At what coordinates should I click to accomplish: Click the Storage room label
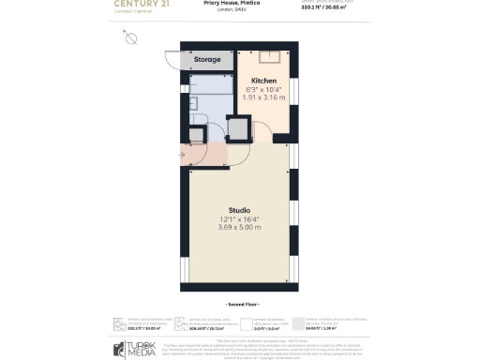pos(207,60)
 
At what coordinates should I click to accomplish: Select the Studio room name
pos(239,209)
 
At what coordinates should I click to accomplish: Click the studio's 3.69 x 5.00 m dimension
pos(239,228)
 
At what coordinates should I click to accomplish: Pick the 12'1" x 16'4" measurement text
pos(239,218)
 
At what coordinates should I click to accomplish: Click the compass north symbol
pos(130,38)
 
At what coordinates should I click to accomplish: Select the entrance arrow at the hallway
pos(181,156)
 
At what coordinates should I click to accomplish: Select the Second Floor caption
pos(239,306)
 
